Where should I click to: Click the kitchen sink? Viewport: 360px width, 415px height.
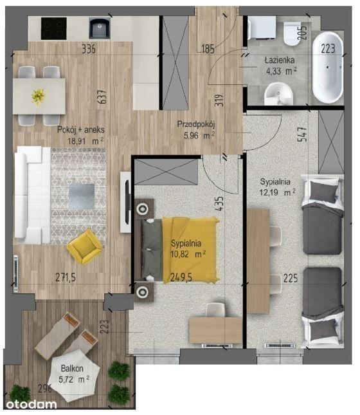99,28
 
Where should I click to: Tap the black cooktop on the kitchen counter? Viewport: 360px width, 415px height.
54,28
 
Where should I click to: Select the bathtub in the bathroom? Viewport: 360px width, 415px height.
328,68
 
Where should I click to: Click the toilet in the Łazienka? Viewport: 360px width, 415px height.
292,33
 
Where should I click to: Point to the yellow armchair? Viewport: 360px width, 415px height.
84,246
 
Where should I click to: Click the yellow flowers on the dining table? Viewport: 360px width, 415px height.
39,97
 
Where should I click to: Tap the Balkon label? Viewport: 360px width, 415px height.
72,369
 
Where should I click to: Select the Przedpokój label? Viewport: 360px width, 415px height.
196,124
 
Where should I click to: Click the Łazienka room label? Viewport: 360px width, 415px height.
280,60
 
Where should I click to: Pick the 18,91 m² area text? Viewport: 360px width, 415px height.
85,141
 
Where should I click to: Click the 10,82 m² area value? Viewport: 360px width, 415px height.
188,254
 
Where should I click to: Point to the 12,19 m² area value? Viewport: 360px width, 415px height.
277,192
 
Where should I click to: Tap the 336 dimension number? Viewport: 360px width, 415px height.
89,49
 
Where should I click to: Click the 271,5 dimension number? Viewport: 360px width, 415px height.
66,277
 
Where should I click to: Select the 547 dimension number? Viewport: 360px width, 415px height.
302,134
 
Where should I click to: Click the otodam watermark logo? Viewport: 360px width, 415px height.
32,405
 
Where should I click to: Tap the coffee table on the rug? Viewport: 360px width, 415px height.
82,197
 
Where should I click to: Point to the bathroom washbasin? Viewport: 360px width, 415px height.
279,94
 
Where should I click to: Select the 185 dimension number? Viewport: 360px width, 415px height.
208,49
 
